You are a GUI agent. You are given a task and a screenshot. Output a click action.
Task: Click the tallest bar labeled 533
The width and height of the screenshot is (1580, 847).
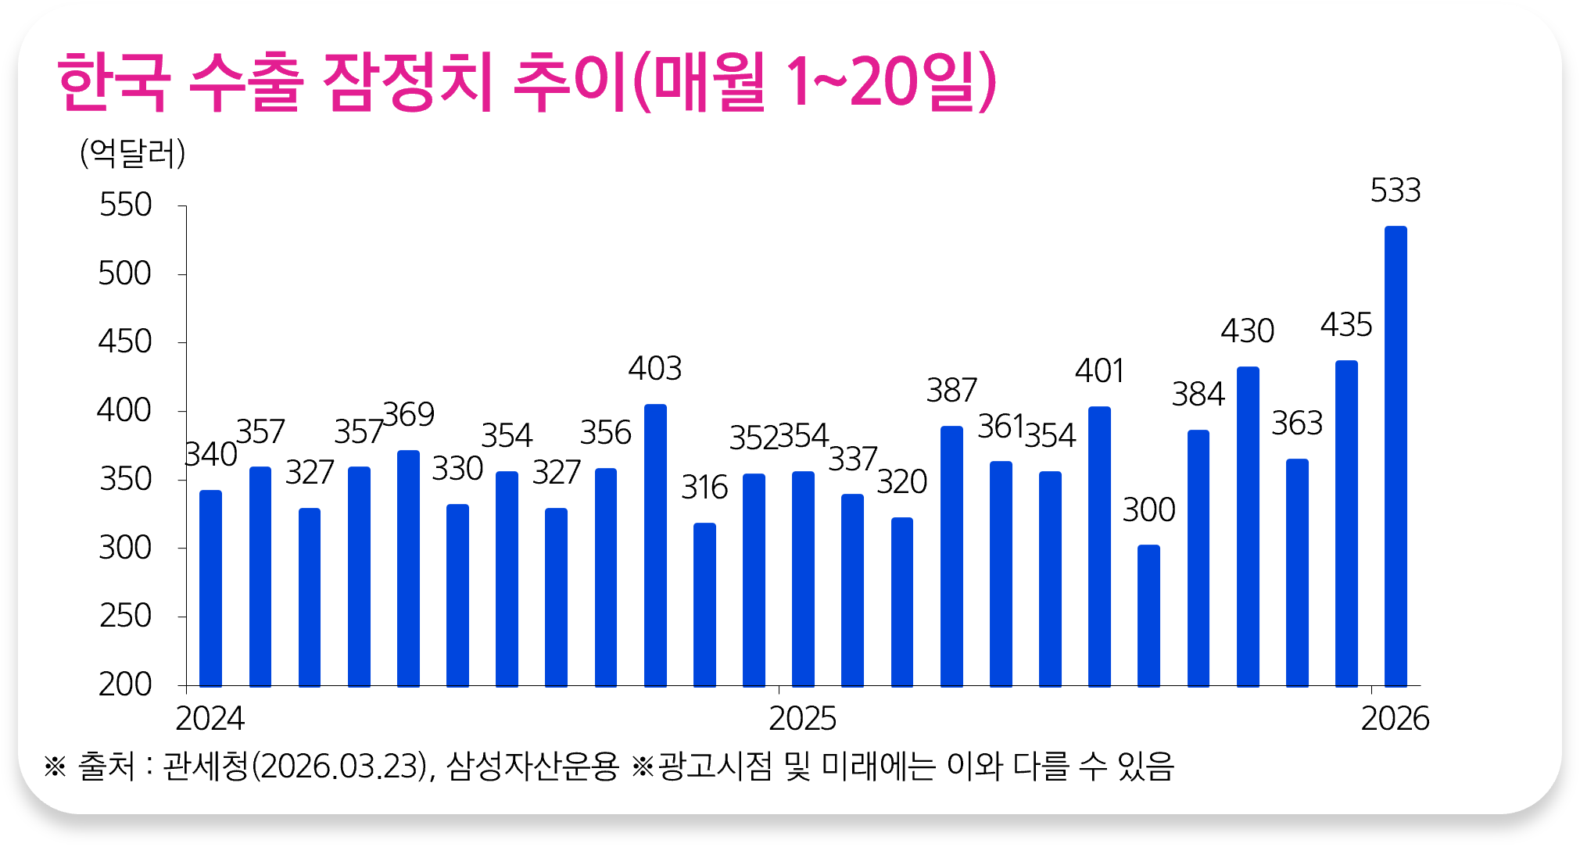click(1395, 456)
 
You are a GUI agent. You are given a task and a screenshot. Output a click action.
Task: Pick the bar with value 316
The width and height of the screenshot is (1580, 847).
click(704, 605)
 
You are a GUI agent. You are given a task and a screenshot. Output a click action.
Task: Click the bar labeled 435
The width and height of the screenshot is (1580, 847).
click(1346, 524)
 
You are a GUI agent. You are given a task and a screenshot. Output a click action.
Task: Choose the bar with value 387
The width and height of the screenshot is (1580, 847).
click(951, 556)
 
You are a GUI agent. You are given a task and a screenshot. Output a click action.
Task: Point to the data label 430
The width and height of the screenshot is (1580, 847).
click(1248, 331)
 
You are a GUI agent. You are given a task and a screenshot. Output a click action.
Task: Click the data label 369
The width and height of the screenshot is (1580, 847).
click(409, 414)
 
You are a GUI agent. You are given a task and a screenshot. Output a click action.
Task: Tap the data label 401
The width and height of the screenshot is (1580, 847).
click(1099, 371)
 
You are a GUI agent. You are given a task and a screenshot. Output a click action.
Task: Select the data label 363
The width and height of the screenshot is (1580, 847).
click(1297, 423)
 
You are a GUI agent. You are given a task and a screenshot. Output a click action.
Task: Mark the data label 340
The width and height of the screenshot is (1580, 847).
click(211, 455)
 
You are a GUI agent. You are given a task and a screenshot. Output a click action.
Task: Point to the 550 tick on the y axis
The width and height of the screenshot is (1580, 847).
click(125, 205)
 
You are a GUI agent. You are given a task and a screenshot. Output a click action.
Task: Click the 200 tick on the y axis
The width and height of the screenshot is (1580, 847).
click(125, 684)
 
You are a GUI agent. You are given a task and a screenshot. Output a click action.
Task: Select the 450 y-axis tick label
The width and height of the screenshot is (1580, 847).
click(125, 342)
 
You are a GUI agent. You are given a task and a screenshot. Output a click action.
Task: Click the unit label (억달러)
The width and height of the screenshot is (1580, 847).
click(133, 153)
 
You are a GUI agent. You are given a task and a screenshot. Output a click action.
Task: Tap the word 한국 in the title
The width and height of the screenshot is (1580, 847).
click(114, 83)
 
